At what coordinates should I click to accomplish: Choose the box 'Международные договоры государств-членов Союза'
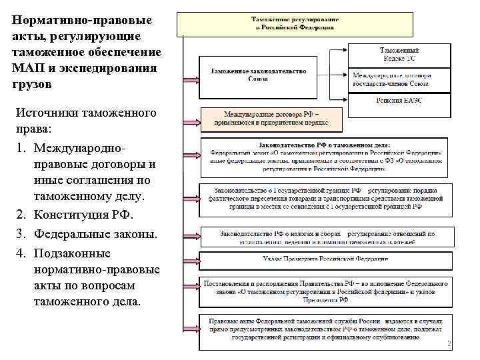(400, 80)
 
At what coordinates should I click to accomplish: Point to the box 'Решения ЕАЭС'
(400, 100)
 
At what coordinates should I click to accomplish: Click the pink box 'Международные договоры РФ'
(271, 119)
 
